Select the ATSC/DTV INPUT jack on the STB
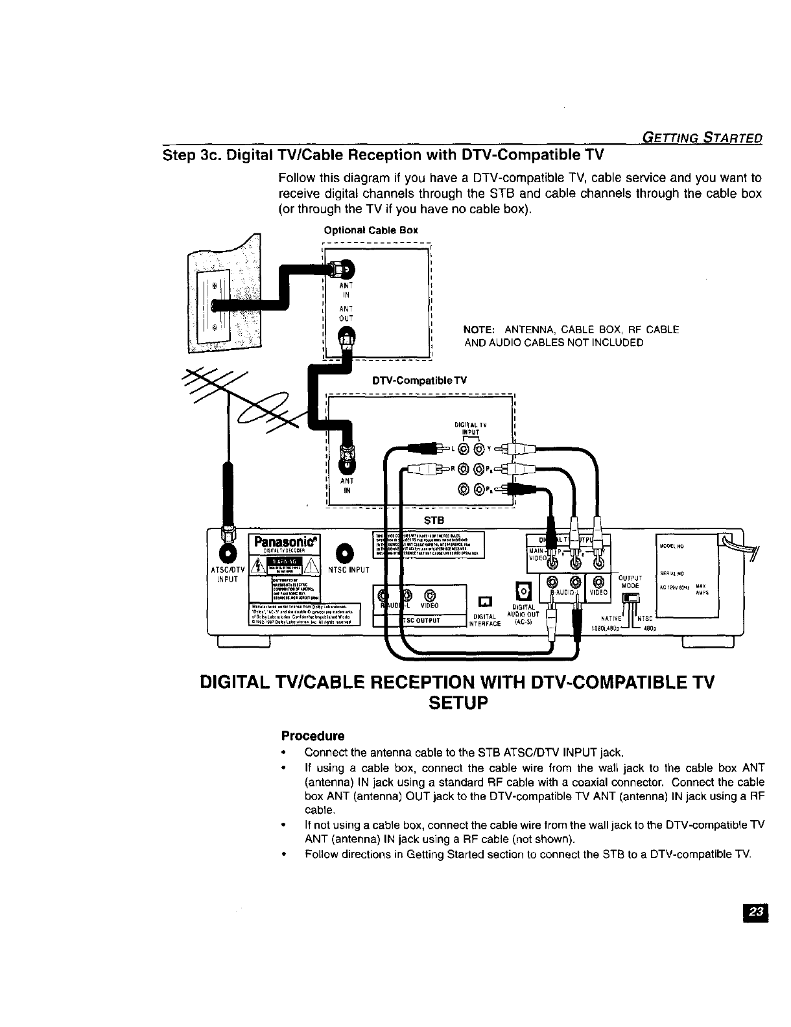[x=228, y=552]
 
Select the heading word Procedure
[x=313, y=736]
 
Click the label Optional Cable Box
[x=371, y=230]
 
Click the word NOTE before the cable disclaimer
[x=480, y=329]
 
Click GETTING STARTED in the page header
[x=701, y=137]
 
